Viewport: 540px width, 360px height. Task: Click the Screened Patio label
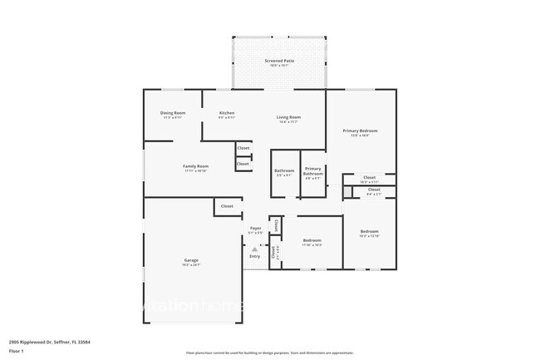click(x=279, y=61)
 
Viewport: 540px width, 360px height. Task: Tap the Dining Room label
click(x=173, y=113)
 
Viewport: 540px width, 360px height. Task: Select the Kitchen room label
click(x=227, y=113)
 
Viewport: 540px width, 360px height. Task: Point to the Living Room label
click(x=288, y=117)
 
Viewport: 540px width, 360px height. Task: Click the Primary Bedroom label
click(x=361, y=131)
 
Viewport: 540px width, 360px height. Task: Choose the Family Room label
click(x=196, y=166)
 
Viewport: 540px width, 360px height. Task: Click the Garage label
click(x=191, y=260)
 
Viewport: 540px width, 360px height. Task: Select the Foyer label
click(x=256, y=228)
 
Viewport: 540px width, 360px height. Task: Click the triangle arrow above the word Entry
click(x=255, y=249)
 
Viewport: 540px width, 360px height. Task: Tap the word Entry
click(x=255, y=256)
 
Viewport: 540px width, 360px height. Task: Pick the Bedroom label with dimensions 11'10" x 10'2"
click(x=312, y=240)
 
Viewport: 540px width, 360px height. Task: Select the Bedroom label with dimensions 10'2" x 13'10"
click(x=369, y=231)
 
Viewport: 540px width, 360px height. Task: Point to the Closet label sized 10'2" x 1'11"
click(x=370, y=177)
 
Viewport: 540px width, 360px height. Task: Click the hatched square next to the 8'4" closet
click(x=349, y=191)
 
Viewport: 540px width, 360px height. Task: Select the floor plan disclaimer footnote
click(x=269, y=353)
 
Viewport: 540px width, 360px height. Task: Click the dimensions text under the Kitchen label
click(x=227, y=118)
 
